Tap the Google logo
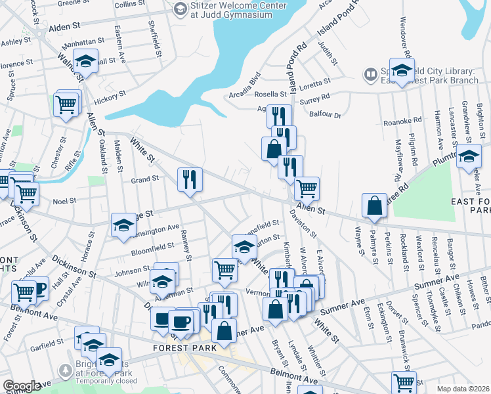pos(22,386)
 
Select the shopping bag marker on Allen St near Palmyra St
pos(374,206)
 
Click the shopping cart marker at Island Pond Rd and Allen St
pos(307,188)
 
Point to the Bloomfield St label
pos(152,248)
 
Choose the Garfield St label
pos(47,343)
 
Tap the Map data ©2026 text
pos(463,389)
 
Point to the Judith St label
pos(328,54)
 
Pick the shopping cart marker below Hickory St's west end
pos(66,104)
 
